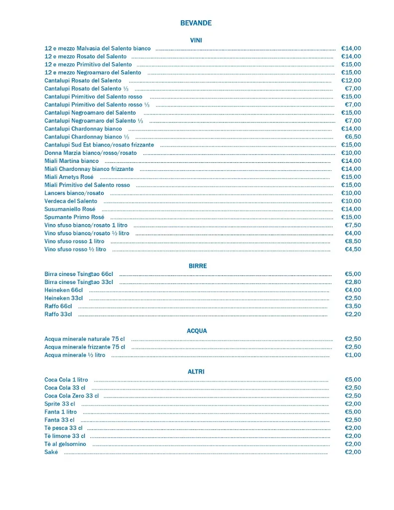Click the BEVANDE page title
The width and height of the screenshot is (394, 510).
pyautogui.click(x=196, y=23)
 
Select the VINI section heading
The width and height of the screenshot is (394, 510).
pyautogui.click(x=196, y=40)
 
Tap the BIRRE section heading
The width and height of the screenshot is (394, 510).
pyautogui.click(x=197, y=266)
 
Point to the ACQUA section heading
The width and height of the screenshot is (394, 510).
pyautogui.click(x=197, y=331)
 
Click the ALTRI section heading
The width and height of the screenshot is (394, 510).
pyautogui.click(x=196, y=372)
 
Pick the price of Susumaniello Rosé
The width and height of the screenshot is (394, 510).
pyautogui.click(x=351, y=209)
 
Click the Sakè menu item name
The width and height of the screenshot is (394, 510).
pyautogui.click(x=51, y=452)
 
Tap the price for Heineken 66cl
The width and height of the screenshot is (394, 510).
pyautogui.click(x=353, y=290)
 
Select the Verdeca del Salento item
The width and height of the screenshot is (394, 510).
pyautogui.click(x=71, y=201)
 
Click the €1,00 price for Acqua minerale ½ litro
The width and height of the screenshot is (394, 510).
pyautogui.click(x=353, y=355)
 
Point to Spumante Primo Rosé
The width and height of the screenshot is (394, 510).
pyautogui.click(x=74, y=217)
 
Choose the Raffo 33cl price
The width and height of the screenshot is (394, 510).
pyautogui.click(x=353, y=314)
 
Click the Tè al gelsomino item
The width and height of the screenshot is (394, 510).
pyautogui.click(x=65, y=444)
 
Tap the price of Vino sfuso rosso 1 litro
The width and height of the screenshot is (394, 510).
pyautogui.click(x=353, y=241)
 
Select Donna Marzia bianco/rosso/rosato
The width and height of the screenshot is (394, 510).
pyautogui.click(x=90, y=153)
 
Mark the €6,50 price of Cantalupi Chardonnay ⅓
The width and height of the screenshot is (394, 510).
pyautogui.click(x=353, y=136)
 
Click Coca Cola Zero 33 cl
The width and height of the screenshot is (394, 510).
pyautogui.click(x=71, y=396)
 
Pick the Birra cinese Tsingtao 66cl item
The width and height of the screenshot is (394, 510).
pyautogui.click(x=79, y=274)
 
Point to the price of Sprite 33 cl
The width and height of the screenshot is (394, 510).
pyautogui.click(x=353, y=404)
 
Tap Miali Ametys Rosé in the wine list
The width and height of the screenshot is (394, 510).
pyautogui.click(x=69, y=177)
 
